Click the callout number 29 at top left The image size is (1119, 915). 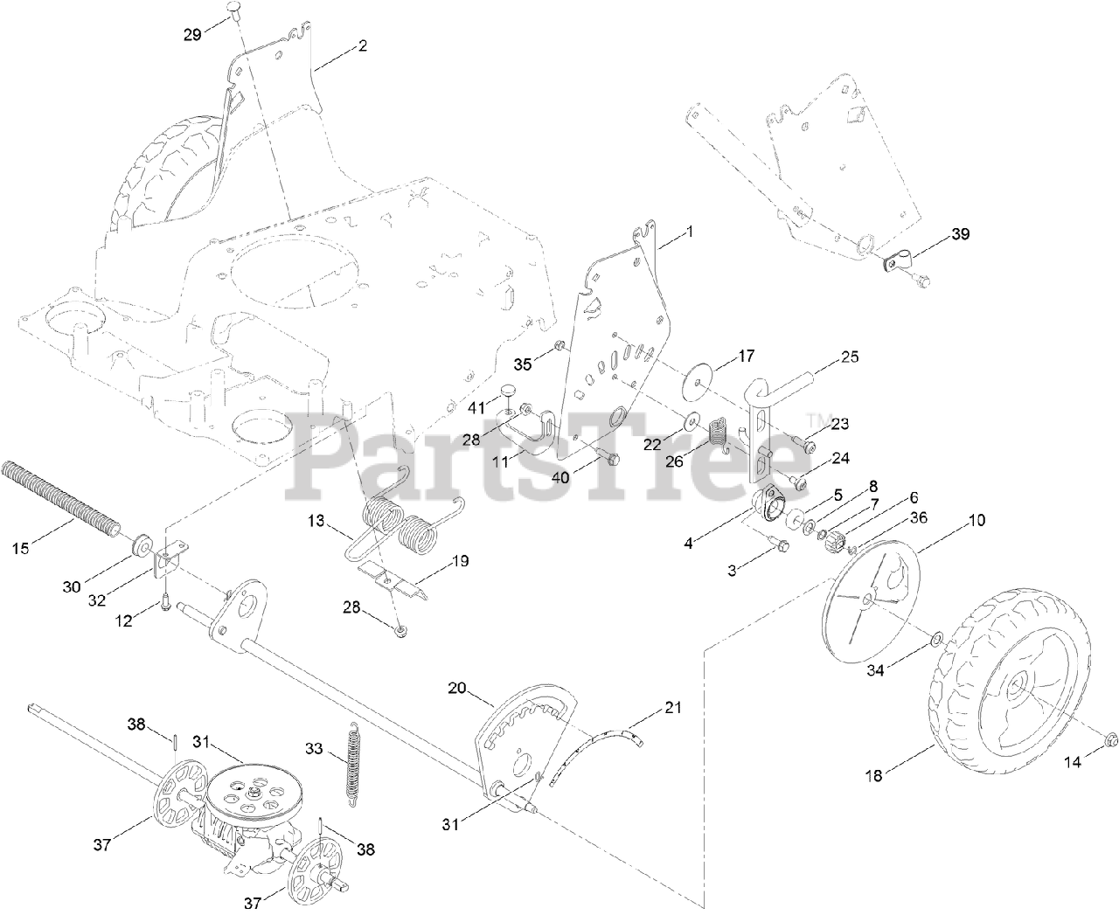click(191, 34)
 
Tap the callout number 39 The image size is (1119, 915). click(960, 234)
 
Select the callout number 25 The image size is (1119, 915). click(850, 357)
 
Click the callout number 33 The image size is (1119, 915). click(315, 748)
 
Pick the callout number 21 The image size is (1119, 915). click(672, 706)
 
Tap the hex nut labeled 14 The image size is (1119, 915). click(1112, 738)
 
